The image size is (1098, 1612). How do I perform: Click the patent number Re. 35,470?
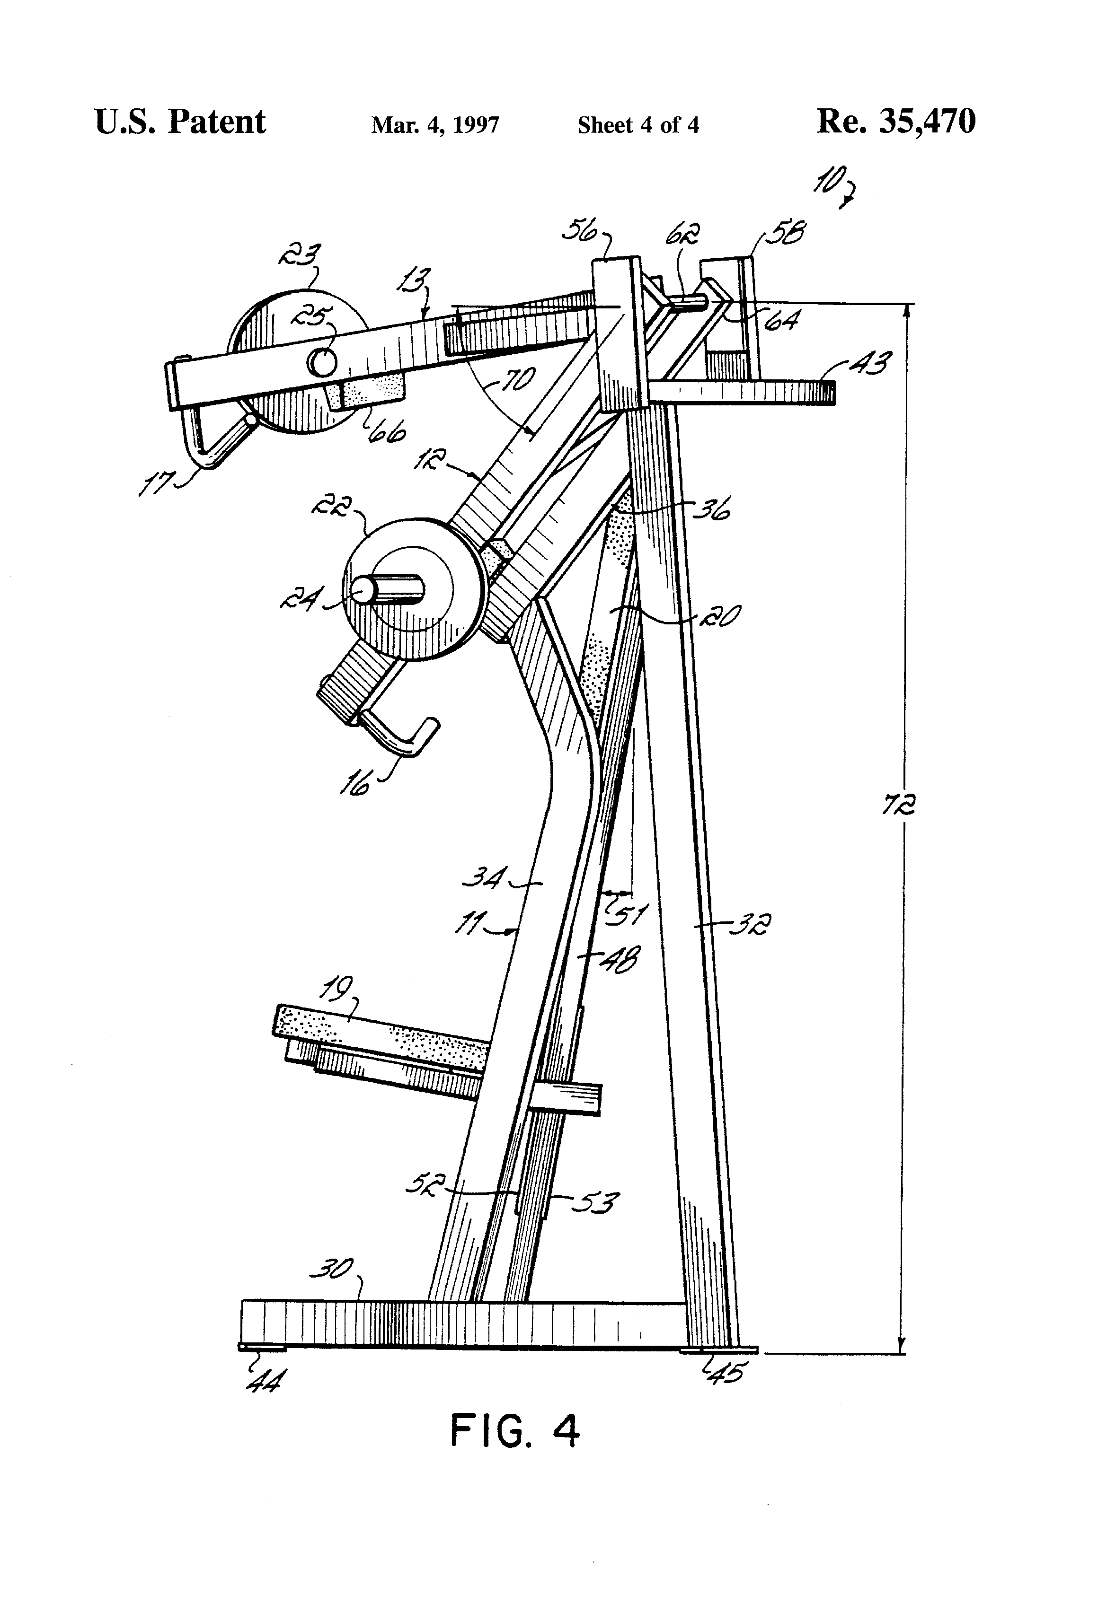tap(896, 122)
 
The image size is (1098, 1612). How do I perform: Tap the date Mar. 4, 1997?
tap(435, 125)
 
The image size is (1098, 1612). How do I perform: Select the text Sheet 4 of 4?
tap(638, 125)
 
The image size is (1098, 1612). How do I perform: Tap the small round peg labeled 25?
tap(322, 361)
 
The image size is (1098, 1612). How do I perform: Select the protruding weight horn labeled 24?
tap(385, 589)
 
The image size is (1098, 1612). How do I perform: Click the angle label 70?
tap(518, 381)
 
